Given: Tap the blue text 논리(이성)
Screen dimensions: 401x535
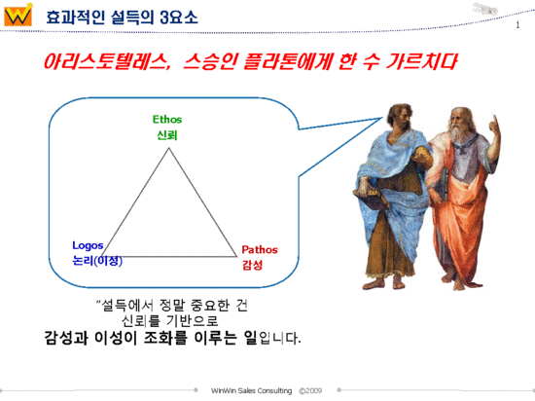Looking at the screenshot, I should point(97,261).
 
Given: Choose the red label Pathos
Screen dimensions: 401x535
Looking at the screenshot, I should point(260,249).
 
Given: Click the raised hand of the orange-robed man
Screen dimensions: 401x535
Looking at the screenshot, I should point(493,124).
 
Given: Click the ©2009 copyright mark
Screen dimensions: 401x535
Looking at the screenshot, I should point(310,389).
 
